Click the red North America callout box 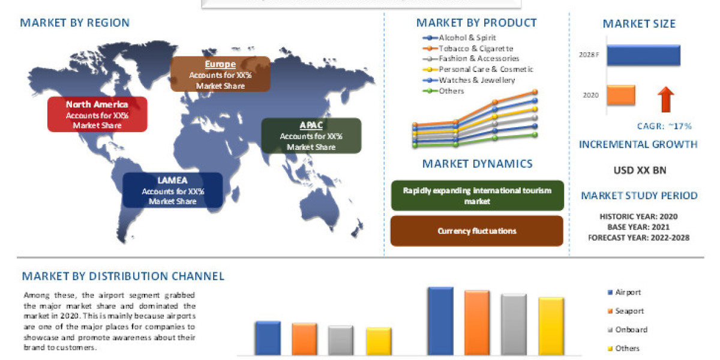coord(97,114)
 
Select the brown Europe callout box coord(220,74)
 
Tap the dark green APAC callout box coord(311,136)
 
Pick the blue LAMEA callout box coord(173,190)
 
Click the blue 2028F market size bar coord(643,55)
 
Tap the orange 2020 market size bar coord(620,95)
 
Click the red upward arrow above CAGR coord(667,100)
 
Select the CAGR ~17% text coord(664,126)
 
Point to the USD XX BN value coord(640,170)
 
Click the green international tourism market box coord(477,196)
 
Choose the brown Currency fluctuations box coord(477,231)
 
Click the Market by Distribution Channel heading coord(123,277)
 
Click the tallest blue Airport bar coord(440,320)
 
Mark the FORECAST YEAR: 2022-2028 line coord(640,237)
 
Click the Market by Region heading coord(74,23)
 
